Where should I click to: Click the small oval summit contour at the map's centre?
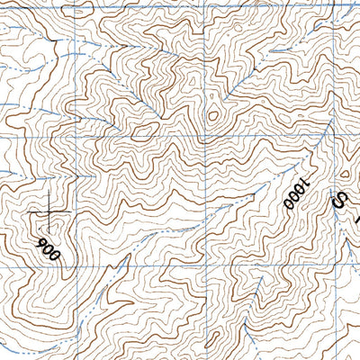point(213,115)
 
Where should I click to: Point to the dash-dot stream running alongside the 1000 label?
point(270,193)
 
